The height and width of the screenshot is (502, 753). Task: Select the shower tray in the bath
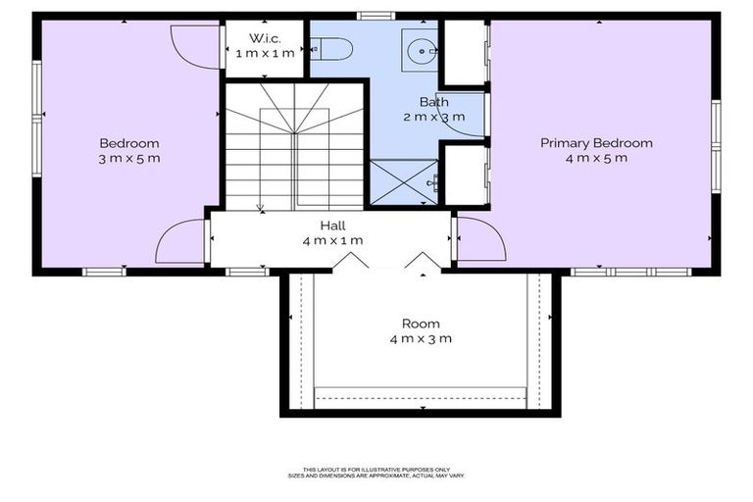[404, 181]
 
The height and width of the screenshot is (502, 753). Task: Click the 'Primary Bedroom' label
[596, 143]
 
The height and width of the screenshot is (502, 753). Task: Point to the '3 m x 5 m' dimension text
[128, 158]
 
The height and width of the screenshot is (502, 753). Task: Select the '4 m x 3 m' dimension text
[421, 339]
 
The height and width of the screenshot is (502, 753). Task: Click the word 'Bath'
[433, 101]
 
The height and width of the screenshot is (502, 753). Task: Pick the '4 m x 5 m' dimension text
[596, 158]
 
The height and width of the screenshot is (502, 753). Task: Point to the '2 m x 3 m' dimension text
[433, 116]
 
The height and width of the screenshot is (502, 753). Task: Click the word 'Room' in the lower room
[421, 324]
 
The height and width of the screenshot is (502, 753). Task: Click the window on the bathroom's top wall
[376, 16]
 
